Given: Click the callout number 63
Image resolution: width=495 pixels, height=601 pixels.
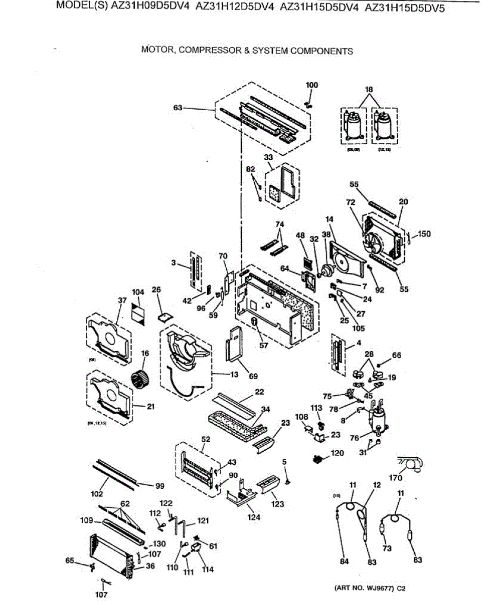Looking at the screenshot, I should (x=178, y=108).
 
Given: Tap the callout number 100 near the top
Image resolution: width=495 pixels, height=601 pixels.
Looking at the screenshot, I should (x=312, y=85).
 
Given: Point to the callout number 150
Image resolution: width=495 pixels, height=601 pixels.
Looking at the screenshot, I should (x=424, y=233).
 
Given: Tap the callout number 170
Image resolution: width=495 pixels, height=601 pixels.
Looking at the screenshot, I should (x=396, y=477).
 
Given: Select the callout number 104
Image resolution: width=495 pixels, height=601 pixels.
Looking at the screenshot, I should (x=138, y=292).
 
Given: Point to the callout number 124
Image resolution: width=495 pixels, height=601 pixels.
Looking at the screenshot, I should (x=254, y=517).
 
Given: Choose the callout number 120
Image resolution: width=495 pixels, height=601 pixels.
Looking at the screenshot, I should (x=337, y=453).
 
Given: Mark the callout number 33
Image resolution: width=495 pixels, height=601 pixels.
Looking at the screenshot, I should (x=269, y=157).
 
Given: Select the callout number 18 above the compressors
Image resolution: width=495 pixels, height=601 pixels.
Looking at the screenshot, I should (x=369, y=89).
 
